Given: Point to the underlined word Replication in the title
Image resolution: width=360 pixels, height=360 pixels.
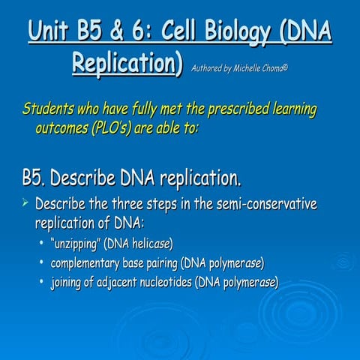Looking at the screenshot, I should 126,63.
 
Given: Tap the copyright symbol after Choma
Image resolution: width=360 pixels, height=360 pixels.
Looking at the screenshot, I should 286,67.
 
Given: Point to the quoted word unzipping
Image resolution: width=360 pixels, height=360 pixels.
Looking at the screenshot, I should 75,244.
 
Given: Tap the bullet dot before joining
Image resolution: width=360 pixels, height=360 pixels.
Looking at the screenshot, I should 41,283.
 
